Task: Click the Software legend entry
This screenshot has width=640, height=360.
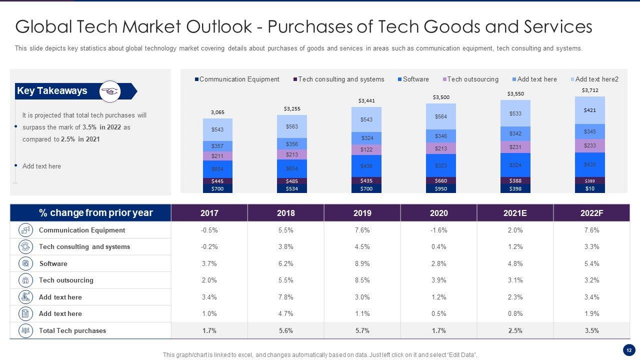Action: click(x=415, y=79)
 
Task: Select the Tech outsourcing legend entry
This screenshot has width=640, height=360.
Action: click(x=472, y=79)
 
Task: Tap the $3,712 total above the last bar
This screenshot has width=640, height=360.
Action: click(x=590, y=90)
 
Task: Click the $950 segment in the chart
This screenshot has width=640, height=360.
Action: click(x=440, y=188)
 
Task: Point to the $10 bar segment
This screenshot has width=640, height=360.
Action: click(x=590, y=188)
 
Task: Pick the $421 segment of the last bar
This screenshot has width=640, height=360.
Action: click(x=590, y=110)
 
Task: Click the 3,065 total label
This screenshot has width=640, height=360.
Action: click(x=217, y=112)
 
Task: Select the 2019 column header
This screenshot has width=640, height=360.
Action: click(x=362, y=213)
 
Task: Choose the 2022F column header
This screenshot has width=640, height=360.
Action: click(x=591, y=213)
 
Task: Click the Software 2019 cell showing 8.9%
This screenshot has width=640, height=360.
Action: click(x=362, y=263)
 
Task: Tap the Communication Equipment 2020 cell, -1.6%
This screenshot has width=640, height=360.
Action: click(x=438, y=230)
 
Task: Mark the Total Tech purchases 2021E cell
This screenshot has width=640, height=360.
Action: click(x=515, y=330)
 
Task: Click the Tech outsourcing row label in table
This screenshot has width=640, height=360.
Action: click(x=66, y=280)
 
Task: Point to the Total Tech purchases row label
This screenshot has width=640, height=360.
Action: click(x=72, y=330)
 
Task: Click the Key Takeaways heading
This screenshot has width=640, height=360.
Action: click(x=52, y=91)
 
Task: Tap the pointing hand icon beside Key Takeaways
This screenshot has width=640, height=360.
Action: click(x=110, y=91)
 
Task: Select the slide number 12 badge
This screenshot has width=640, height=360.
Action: click(x=628, y=349)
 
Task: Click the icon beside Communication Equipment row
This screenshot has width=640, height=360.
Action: click(x=25, y=230)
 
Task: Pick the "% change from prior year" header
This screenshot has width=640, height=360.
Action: click(x=96, y=213)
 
